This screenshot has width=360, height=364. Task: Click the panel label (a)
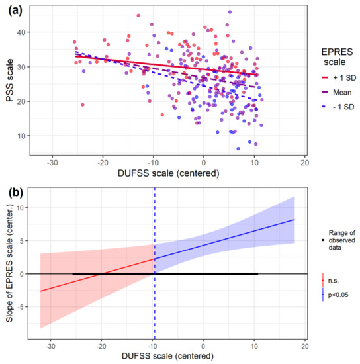click(x=15, y=11)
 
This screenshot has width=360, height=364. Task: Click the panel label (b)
click(x=15, y=193)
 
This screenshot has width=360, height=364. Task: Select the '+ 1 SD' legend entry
click(x=339, y=78)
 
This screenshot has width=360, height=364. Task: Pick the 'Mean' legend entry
click(x=337, y=93)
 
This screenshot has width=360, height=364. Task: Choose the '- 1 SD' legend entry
click(x=338, y=107)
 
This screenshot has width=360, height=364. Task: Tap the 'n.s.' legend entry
click(x=330, y=281)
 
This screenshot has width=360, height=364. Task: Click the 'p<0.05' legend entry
click(x=335, y=295)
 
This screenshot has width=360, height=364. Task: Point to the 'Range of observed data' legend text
click(x=341, y=240)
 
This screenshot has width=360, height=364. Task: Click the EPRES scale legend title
click(x=337, y=57)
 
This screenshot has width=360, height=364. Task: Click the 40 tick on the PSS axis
click(x=21, y=32)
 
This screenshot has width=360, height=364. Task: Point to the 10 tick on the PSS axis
click(x=21, y=136)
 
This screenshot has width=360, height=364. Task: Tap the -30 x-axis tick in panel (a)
click(x=52, y=163)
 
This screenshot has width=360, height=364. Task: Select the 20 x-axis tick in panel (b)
click(x=305, y=347)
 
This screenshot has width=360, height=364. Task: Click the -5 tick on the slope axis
click(x=21, y=307)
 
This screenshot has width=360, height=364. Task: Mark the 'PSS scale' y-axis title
click(x=9, y=80)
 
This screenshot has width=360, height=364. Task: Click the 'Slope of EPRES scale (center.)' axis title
click(x=9, y=263)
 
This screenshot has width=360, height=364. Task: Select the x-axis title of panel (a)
click(x=169, y=173)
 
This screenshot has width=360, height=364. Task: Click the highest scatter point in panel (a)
click(x=230, y=12)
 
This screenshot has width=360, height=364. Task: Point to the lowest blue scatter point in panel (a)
click(x=238, y=148)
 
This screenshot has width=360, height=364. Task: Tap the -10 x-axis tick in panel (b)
click(x=152, y=347)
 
